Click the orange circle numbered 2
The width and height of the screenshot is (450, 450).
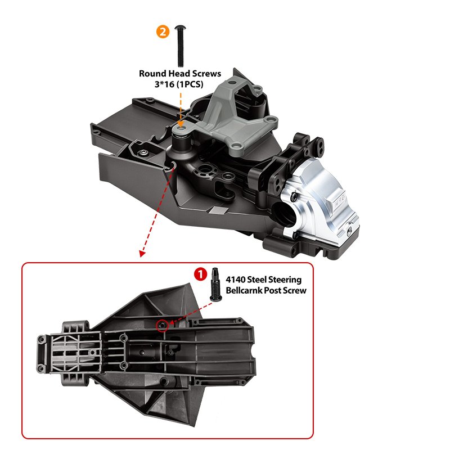[163, 32]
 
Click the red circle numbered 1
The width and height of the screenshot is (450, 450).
[200, 274]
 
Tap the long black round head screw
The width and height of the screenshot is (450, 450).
[181, 46]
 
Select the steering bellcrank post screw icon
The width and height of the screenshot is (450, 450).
[215, 285]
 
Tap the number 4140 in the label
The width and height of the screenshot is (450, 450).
[235, 280]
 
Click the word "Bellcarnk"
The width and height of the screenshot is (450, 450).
[244, 290]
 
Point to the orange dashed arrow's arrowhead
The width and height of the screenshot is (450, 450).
[180, 124]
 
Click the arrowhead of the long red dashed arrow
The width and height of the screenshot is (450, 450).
[142, 254]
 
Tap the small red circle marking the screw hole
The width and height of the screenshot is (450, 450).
[163, 326]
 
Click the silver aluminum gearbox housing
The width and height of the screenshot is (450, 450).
[320, 203]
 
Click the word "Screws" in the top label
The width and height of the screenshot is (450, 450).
[206, 74]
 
